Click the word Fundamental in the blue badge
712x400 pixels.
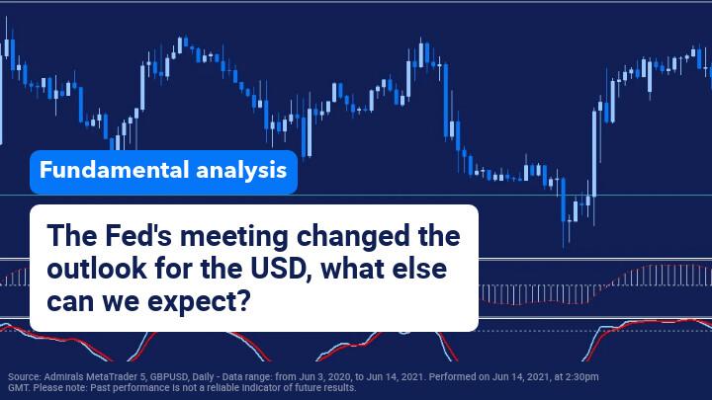tap(114, 170)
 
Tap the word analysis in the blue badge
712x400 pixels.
tap(241, 171)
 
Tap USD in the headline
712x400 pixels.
tap(281, 269)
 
